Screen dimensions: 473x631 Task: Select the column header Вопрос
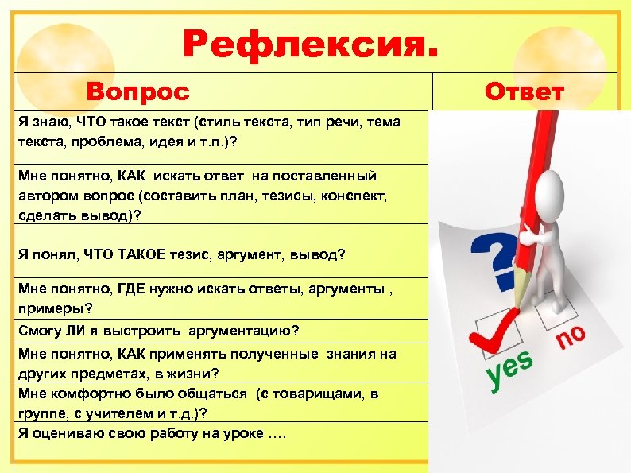138,91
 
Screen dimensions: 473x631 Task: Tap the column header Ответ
524,91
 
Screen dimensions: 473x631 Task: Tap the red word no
570,336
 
